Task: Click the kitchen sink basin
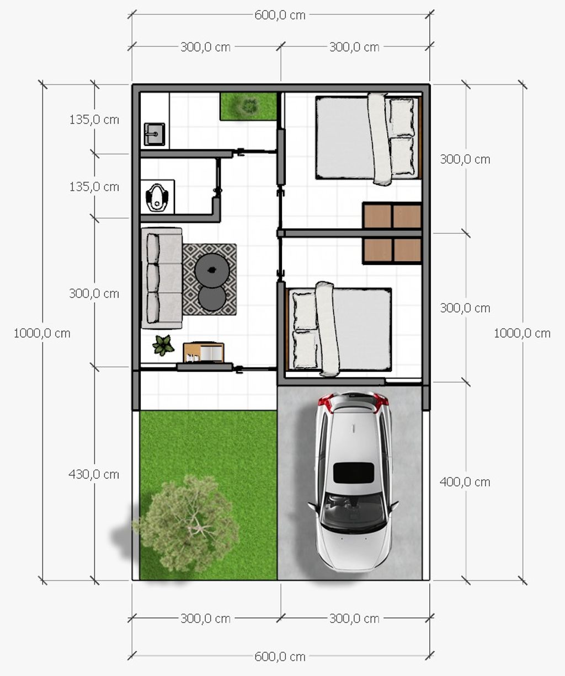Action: pyautogui.click(x=154, y=134)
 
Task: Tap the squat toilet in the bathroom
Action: pyautogui.click(x=157, y=197)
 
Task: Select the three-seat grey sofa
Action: pyautogui.click(x=162, y=278)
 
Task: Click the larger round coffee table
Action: pyautogui.click(x=212, y=270)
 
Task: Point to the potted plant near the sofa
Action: pyautogui.click(x=163, y=345)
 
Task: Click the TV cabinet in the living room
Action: pyautogui.click(x=204, y=352)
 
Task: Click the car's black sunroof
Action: pyautogui.click(x=354, y=473)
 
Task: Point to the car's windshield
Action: pyautogui.click(x=354, y=511)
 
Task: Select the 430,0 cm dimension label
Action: pyautogui.click(x=94, y=475)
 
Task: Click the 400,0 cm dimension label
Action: pyautogui.click(x=465, y=482)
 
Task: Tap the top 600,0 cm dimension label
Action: pyautogui.click(x=280, y=15)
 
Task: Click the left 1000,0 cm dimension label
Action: pyautogui.click(x=42, y=333)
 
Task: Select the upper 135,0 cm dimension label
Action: pyautogui.click(x=94, y=120)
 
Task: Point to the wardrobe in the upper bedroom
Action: pyautogui.click(x=392, y=215)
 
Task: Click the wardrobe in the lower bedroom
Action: pyautogui.click(x=392, y=250)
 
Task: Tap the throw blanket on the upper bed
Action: pyautogui.click(x=379, y=139)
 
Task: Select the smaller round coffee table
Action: pyautogui.click(x=212, y=298)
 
